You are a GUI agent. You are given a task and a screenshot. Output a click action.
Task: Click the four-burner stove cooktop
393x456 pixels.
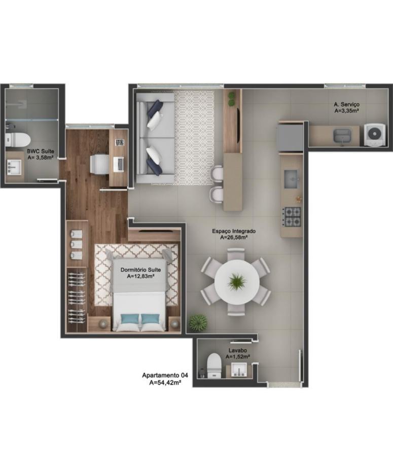click(292, 216)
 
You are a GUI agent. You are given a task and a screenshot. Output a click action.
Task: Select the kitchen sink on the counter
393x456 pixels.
click(293, 178)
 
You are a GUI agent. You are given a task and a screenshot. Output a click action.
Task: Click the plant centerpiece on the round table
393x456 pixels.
click(237, 282)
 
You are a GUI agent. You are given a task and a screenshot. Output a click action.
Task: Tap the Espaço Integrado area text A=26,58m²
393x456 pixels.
click(233, 237)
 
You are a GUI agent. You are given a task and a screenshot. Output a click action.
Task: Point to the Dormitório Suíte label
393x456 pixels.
click(137, 270)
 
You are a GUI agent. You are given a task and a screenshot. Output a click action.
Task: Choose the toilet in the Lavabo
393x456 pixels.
click(215, 365)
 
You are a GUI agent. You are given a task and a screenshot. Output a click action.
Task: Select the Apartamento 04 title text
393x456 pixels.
click(165, 375)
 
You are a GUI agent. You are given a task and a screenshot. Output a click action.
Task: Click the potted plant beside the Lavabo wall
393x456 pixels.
click(198, 322)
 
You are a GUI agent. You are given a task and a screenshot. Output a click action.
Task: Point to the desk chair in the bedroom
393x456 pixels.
click(99, 164)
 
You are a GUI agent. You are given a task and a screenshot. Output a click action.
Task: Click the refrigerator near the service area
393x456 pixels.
click(290, 136)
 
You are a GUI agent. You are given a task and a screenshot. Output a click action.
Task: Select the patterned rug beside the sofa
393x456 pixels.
click(194, 137)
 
